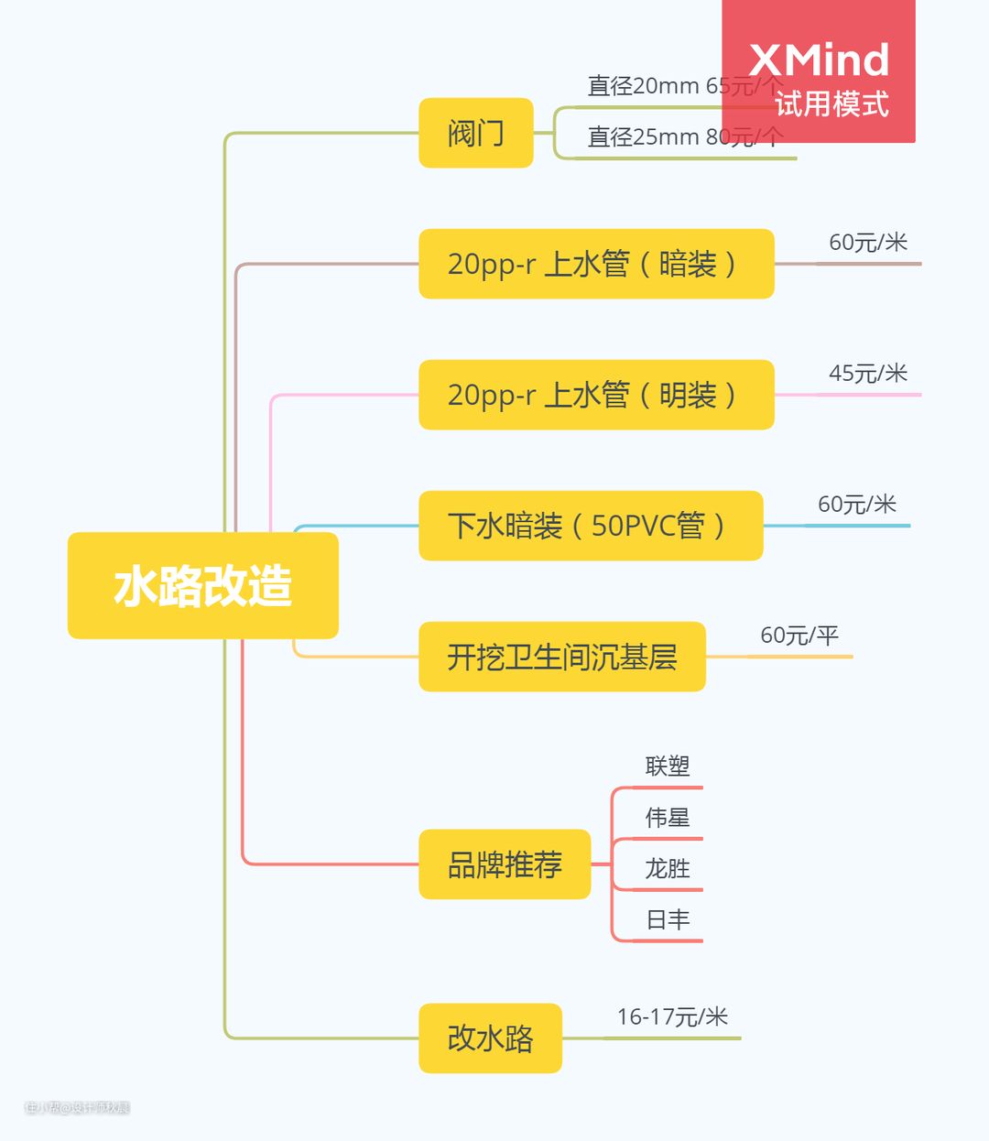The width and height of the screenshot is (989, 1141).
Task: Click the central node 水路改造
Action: [202, 585]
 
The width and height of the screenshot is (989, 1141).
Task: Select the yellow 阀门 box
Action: [475, 133]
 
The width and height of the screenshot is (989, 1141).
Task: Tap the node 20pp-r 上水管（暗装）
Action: [596, 264]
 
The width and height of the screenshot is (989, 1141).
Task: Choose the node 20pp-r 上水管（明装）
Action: [596, 395]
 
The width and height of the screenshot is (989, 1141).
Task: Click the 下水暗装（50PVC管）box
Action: [591, 526]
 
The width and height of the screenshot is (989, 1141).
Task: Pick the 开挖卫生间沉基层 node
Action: [561, 657]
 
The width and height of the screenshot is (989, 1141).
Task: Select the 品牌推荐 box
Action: [505, 864]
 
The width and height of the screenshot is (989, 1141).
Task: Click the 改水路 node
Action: [490, 1038]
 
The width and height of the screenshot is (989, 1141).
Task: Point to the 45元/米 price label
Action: [867, 374]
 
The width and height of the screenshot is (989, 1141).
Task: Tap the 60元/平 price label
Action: [799, 636]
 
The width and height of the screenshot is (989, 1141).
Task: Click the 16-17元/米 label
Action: [672, 1017]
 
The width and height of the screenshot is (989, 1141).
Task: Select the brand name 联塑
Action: [667, 766]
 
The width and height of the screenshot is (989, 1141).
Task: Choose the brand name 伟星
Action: [667, 818]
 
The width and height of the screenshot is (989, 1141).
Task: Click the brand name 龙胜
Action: [667, 869]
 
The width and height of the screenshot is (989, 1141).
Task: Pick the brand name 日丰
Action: [667, 920]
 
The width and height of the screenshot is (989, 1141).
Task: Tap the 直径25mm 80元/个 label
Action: [684, 137]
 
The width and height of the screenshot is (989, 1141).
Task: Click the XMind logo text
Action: [819, 60]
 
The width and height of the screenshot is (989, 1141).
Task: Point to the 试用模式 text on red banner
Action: [831, 104]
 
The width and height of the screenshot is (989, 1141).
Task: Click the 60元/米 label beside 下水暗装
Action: [856, 505]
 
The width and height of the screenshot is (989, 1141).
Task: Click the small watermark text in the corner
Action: [77, 1108]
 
